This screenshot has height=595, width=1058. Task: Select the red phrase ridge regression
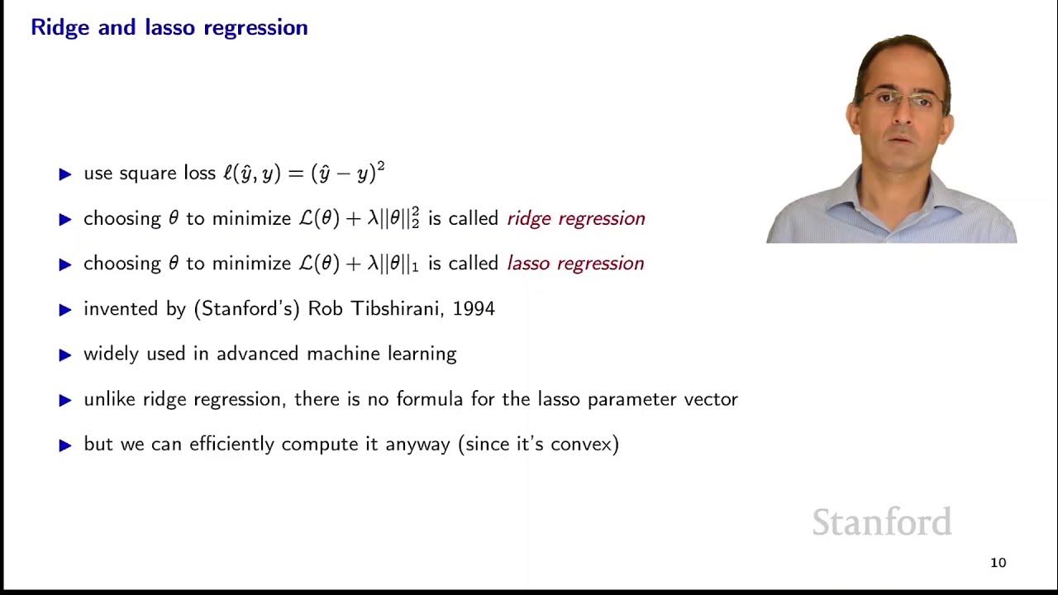click(575, 219)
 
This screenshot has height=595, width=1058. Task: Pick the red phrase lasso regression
click(574, 264)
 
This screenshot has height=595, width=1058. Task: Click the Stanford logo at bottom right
click(881, 522)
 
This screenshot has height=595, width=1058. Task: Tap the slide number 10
click(998, 563)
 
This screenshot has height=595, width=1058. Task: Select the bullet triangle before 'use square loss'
click(66, 174)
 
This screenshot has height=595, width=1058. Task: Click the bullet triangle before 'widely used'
click(66, 355)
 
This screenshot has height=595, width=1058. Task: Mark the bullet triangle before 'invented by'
click(66, 310)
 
